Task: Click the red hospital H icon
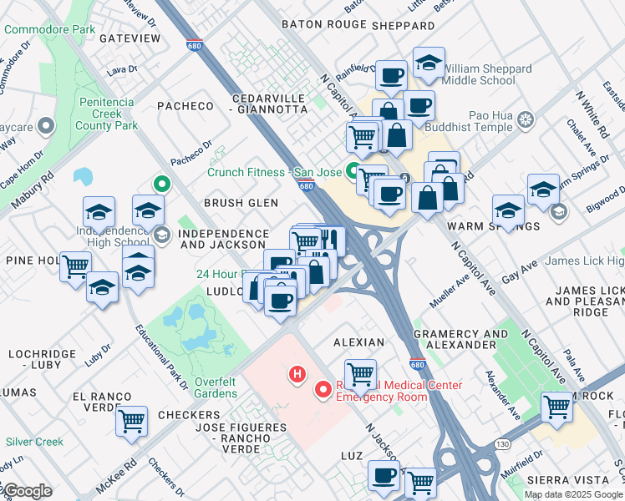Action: click(295, 374)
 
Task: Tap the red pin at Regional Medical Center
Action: click(323, 390)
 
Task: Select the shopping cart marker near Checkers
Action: click(131, 422)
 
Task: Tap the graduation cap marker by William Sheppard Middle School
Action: click(429, 63)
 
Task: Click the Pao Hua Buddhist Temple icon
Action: click(526, 119)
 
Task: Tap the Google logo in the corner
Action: click(27, 491)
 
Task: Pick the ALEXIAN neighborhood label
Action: click(358, 342)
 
